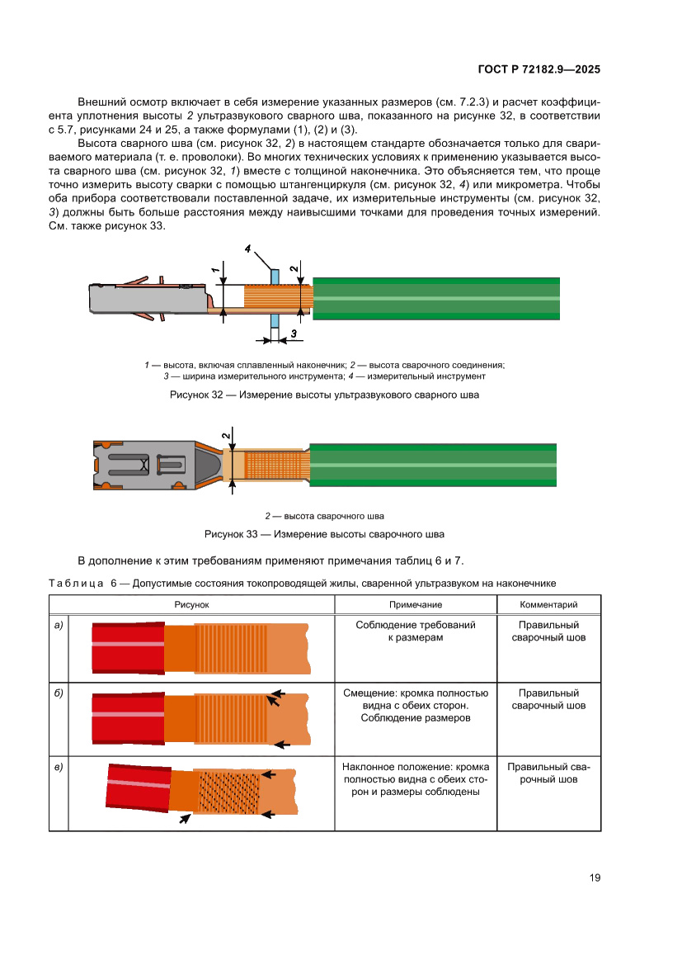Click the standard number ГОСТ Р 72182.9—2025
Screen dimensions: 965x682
coord(539,69)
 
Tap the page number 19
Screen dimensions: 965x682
coord(595,877)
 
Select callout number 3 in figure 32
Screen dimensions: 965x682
coord(293,334)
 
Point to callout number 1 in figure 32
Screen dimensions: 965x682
coord(214,269)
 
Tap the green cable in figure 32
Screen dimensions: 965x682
coord(437,298)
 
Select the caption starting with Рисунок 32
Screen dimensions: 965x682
coord(324,395)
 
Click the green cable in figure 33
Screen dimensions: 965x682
coord(437,466)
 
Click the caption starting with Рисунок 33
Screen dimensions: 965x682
coord(324,533)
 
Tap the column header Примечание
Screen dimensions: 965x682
coord(416,605)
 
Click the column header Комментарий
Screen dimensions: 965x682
coord(548,605)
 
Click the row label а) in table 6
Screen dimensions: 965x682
coord(59,625)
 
